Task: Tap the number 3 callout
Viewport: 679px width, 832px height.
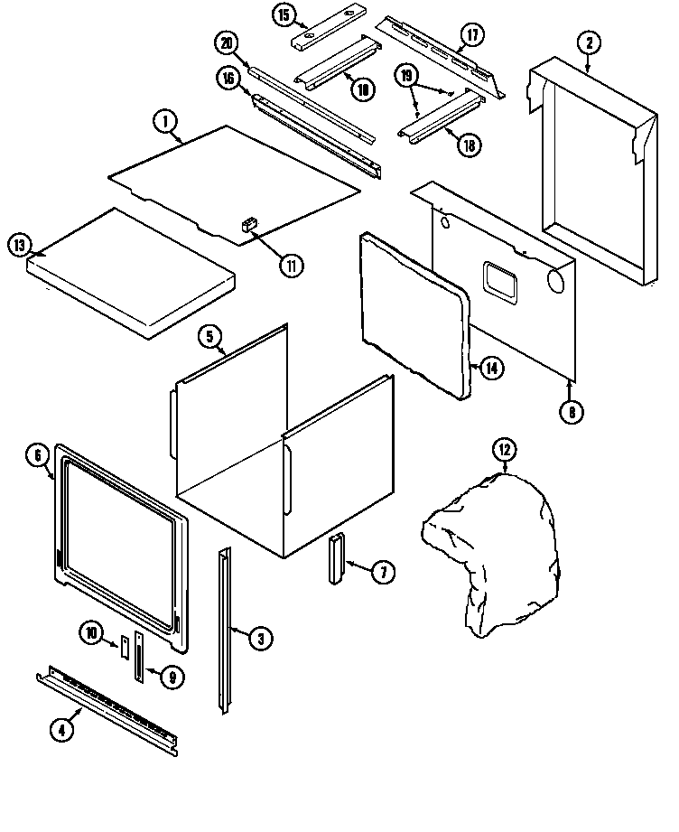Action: click(259, 639)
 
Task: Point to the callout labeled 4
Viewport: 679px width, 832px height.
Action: click(60, 733)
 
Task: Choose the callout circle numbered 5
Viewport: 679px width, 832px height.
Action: click(209, 338)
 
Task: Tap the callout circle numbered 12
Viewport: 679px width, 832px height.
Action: click(503, 450)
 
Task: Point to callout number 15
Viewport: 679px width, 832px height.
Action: click(284, 15)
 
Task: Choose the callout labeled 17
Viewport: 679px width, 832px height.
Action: click(471, 36)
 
